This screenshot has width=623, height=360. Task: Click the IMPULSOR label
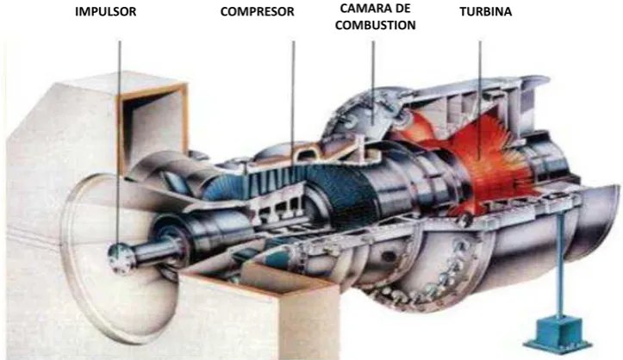tap(105, 11)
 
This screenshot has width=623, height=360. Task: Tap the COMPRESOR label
tap(257, 11)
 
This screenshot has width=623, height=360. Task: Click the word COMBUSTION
tap(376, 25)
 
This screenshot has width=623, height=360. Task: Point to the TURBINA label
tap(485, 11)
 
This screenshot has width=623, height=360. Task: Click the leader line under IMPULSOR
tap(119, 145)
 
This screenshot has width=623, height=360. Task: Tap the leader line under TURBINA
tap(480, 99)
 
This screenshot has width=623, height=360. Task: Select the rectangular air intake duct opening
tap(153, 127)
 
